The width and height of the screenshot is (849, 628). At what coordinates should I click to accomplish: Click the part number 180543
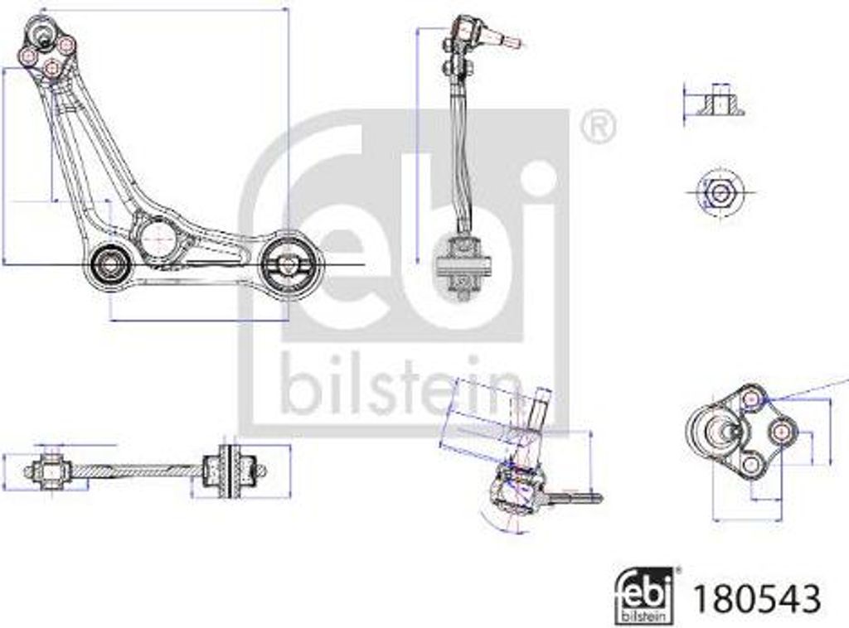(x=757, y=597)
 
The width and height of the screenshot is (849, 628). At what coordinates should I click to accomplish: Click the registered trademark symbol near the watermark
(x=597, y=126)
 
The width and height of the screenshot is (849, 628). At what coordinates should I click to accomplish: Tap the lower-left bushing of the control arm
(x=109, y=264)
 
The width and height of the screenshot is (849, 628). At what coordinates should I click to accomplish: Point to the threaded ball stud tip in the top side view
(x=507, y=39)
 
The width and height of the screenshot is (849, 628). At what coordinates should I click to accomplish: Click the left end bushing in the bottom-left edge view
(x=51, y=471)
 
